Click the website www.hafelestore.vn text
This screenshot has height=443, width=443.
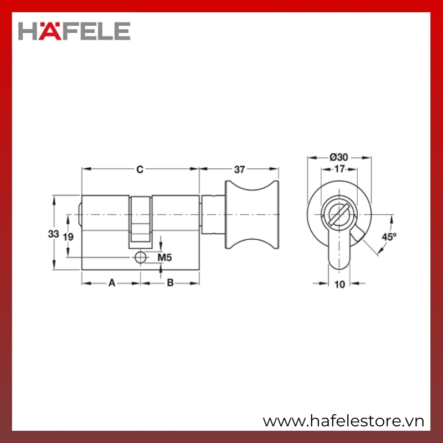pyautogui.click(x=343, y=421)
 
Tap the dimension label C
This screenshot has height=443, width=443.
pyautogui.click(x=140, y=169)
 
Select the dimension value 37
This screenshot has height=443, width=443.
pyautogui.click(x=239, y=169)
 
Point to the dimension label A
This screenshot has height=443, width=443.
pyautogui.click(x=112, y=282)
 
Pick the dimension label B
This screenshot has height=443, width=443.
pyautogui.click(x=170, y=282)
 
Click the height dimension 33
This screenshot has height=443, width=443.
pyautogui.click(x=53, y=234)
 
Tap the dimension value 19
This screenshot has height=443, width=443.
pyautogui.click(x=68, y=237)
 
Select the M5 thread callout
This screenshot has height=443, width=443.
pyautogui.click(x=164, y=257)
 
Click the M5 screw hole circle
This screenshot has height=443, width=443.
pyautogui.click(x=141, y=257)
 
